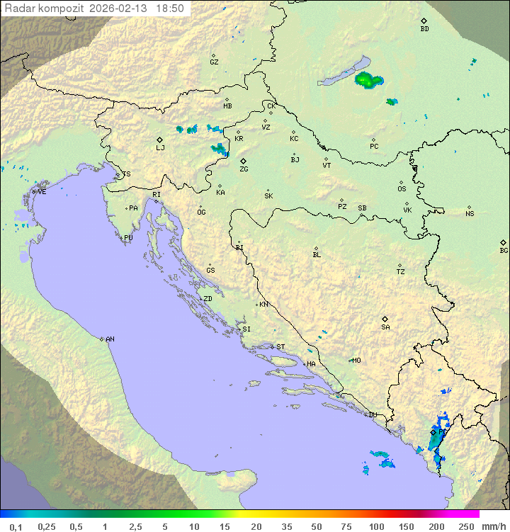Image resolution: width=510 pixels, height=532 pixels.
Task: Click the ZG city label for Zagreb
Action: [244, 169]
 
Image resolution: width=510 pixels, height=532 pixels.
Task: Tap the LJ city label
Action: [160, 147]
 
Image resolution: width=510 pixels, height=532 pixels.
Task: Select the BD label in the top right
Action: [424, 29]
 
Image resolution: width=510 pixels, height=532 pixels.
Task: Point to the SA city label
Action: [385, 327]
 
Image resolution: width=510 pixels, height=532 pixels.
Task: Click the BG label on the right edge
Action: [504, 250]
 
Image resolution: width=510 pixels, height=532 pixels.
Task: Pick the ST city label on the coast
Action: [280, 347]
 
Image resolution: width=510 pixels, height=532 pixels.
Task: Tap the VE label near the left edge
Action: [42, 192]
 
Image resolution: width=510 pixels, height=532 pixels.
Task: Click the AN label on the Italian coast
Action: [110, 339]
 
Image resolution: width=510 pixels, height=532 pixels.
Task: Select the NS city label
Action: [470, 214]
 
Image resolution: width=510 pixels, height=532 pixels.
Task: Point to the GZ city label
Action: [214, 62]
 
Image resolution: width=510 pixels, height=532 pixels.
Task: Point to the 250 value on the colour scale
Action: [465, 526]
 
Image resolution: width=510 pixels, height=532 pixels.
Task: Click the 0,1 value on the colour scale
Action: [16, 526]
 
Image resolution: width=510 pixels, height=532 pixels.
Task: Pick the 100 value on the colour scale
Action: [376, 526]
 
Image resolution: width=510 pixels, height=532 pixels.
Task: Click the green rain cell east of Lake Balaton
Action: [366, 79]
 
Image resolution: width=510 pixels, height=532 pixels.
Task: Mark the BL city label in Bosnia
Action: [317, 254]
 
